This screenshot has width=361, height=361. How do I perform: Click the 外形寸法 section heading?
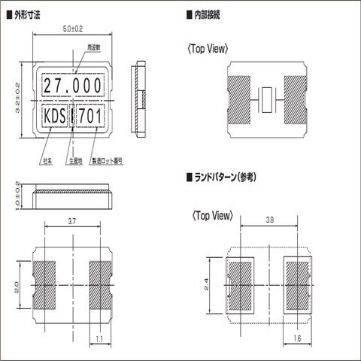click(x=35, y=15)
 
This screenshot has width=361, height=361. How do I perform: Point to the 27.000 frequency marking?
click(x=72, y=86)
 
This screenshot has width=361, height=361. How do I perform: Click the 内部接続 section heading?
click(x=213, y=15)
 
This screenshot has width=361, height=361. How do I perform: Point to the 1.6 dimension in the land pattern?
click(x=297, y=340)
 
